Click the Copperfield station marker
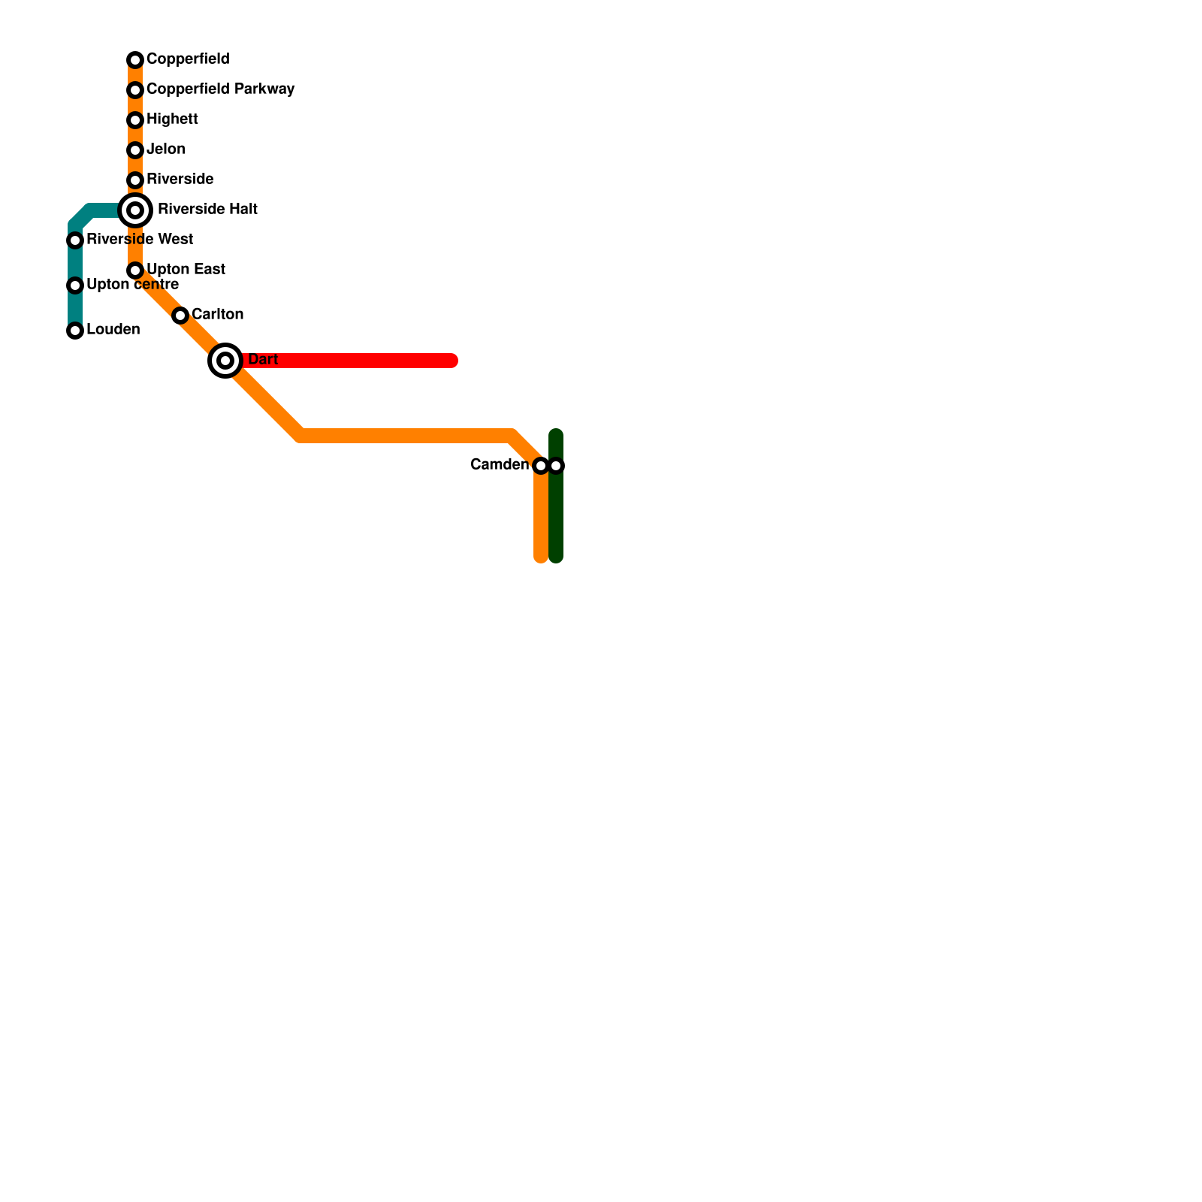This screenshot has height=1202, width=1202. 135,60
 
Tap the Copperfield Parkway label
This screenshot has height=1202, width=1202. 220,89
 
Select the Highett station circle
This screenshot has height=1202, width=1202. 135,120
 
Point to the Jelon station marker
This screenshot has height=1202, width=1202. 135,150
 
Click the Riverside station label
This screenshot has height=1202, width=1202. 180,180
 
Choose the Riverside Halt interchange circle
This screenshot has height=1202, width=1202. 135,210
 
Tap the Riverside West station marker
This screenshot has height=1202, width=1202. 75,240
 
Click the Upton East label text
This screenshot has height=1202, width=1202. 186,270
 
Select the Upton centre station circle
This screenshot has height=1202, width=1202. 75,285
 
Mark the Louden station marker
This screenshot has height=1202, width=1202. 75,331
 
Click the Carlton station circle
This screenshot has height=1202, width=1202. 180,316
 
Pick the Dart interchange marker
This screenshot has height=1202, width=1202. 225,361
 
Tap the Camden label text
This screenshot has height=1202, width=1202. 499,465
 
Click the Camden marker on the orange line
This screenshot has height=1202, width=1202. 541,466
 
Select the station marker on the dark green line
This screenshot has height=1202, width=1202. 556,466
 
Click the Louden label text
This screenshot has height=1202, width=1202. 113,330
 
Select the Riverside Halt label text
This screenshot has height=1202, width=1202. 207,210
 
